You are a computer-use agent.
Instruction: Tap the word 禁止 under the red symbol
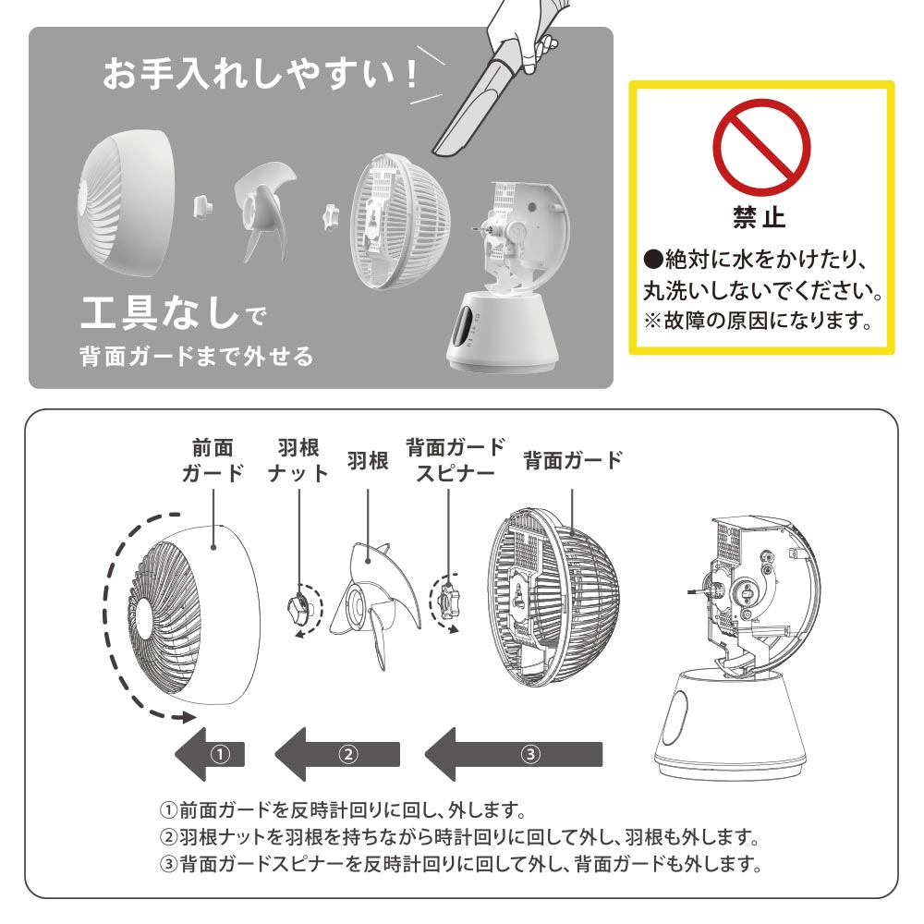760,217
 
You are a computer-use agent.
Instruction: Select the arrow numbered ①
210,754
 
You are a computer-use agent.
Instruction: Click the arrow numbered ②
337,754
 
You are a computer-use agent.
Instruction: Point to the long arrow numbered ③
513,754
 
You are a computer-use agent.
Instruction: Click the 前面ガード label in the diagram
213,460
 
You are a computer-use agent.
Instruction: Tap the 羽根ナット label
298,460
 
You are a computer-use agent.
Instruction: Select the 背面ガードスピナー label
455,460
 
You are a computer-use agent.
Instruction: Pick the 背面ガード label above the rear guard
573,460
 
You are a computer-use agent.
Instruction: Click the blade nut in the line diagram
298,606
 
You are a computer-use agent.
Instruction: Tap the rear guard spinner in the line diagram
448,602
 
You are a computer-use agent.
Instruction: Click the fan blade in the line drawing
375,602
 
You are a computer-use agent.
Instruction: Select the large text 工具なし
160,312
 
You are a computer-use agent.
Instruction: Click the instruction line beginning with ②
459,837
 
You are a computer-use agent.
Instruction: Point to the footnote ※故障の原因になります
759,322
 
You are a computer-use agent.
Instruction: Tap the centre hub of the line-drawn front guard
144,617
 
